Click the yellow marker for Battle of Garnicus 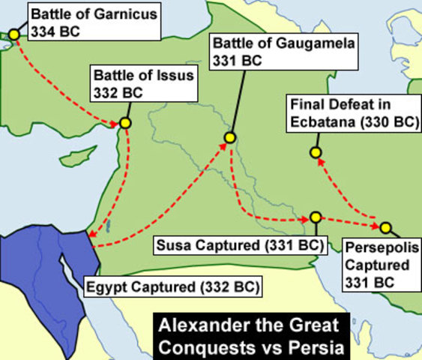tap(13, 34)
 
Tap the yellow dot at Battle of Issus tap(125, 122)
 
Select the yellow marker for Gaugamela tap(230, 137)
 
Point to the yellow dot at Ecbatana tap(316, 153)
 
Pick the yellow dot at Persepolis tap(385, 226)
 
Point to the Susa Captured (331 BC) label tap(238, 244)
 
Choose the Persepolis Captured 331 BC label tap(376, 265)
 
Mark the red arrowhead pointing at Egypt tap(91, 238)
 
